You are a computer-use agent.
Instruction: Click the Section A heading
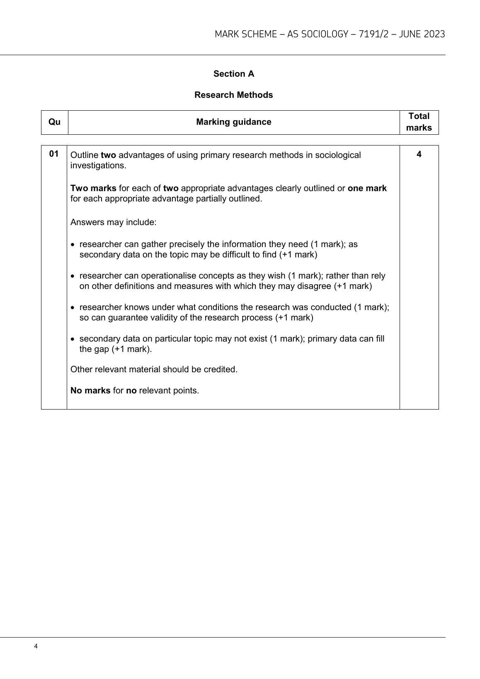point(234,74)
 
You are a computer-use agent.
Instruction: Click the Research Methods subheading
point(234,95)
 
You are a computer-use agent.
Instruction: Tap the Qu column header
point(54,122)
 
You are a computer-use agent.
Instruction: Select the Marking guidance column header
point(234,122)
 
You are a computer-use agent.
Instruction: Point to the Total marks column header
point(419,122)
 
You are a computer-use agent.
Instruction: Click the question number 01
point(54,154)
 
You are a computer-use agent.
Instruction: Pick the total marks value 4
point(419,154)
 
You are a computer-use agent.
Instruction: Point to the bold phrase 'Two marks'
point(93,188)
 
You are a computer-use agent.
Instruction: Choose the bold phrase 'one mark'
point(367,188)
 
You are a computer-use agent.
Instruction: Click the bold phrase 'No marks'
point(90,390)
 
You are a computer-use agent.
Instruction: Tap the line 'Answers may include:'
point(114,222)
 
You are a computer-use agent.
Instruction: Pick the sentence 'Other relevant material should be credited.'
point(154,369)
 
